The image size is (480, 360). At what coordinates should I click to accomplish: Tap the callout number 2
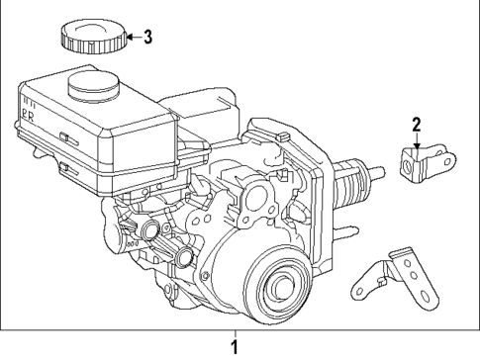[417, 125]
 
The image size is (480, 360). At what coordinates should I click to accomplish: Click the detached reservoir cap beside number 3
[92, 38]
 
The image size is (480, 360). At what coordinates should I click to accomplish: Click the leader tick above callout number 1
[235, 332]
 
